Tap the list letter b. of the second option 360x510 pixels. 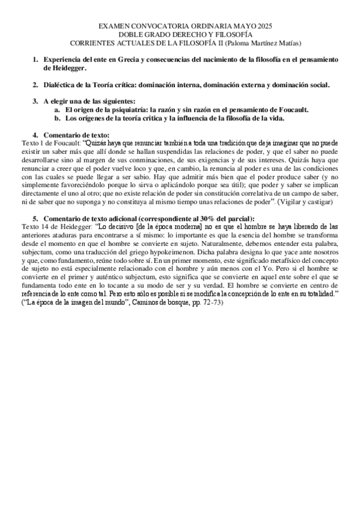[57, 118]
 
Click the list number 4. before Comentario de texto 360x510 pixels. [35, 135]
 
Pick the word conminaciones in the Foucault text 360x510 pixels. [180, 161]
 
